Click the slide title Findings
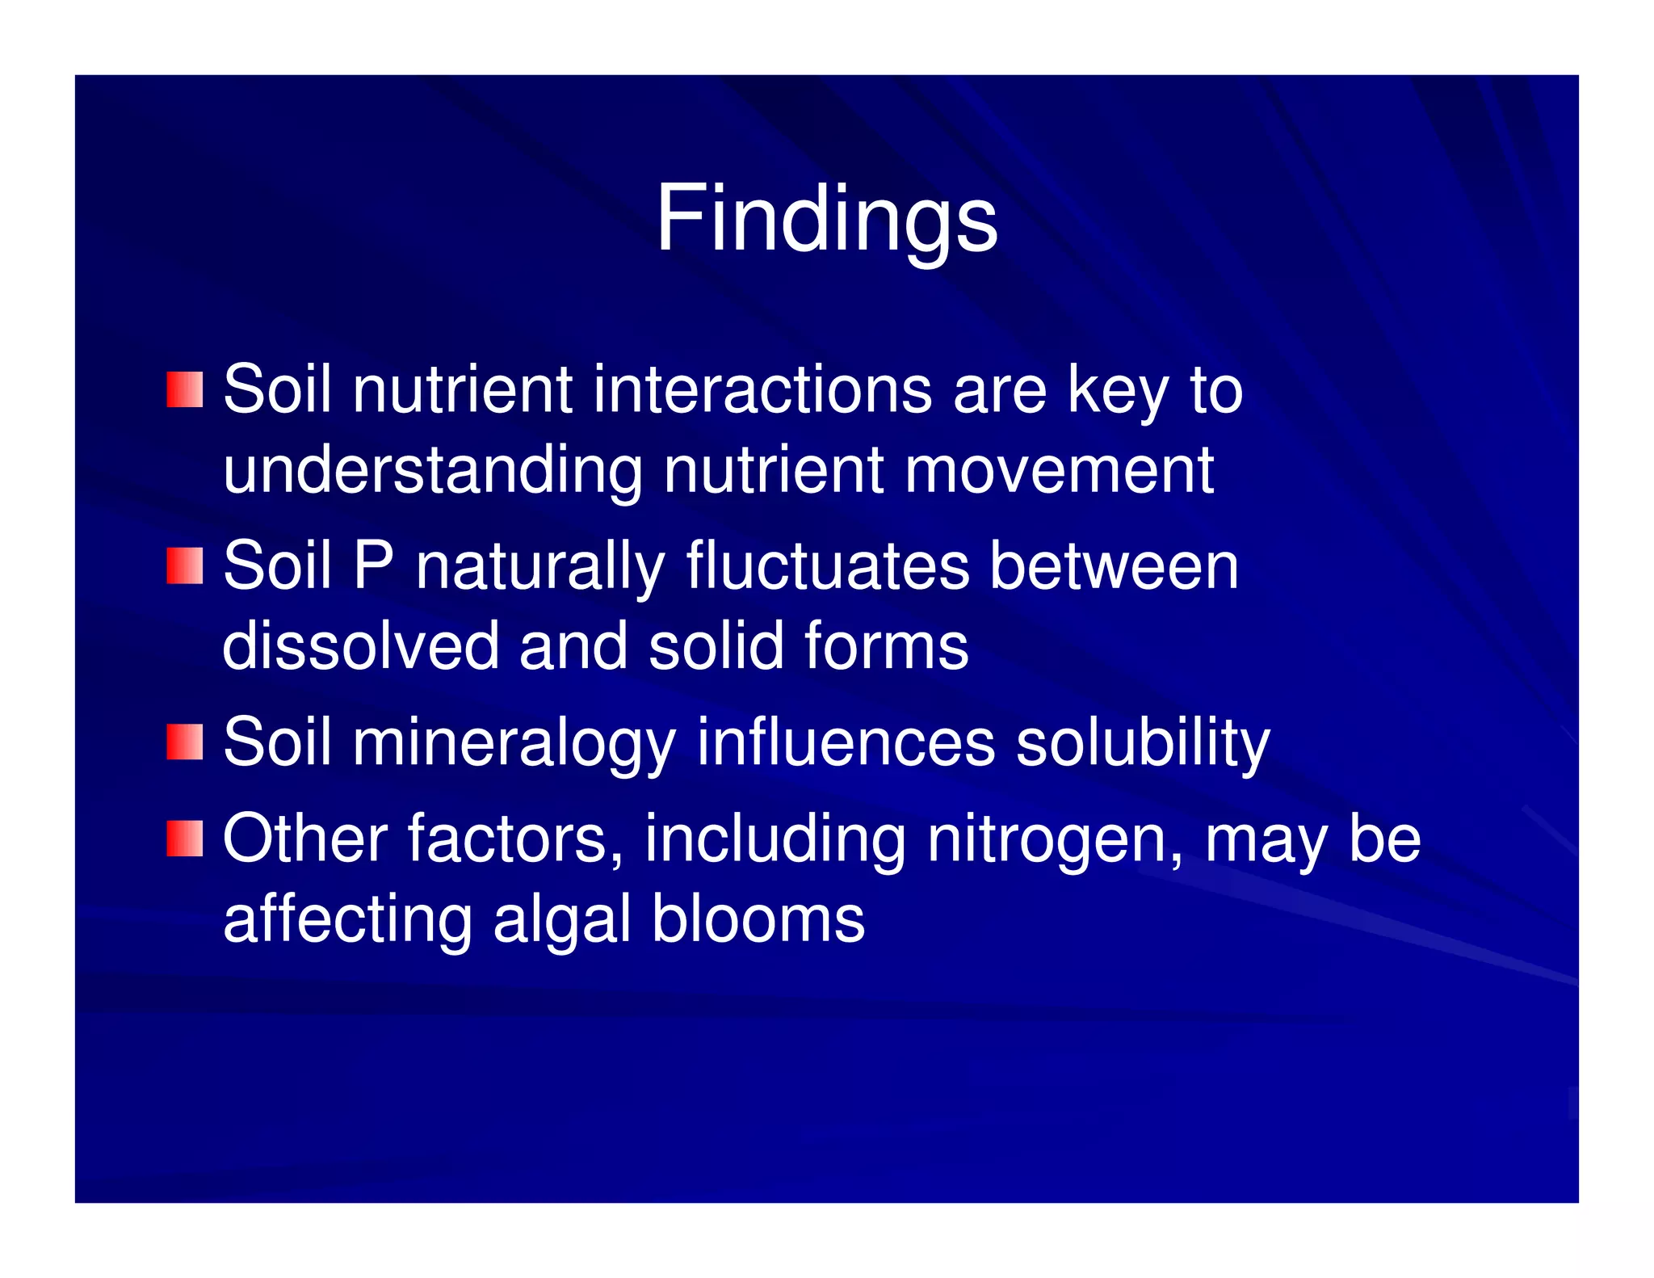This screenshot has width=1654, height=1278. [x=826, y=219]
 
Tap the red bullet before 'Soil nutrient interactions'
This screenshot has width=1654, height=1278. [x=184, y=390]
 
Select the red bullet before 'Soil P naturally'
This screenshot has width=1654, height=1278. [x=184, y=565]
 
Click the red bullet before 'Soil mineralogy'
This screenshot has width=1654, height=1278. [x=184, y=742]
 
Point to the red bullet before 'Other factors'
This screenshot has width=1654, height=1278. [x=184, y=838]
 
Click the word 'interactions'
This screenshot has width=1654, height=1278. [x=762, y=390]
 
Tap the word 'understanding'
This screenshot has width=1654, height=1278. [x=433, y=472]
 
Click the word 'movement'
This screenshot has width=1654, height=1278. [x=1059, y=470]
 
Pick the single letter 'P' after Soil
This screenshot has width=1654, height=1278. [x=373, y=565]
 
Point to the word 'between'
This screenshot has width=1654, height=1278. [x=1115, y=565]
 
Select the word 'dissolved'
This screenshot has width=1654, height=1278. [x=361, y=645]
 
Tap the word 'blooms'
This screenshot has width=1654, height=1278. [x=758, y=919]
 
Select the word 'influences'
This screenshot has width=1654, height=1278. [x=846, y=742]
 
